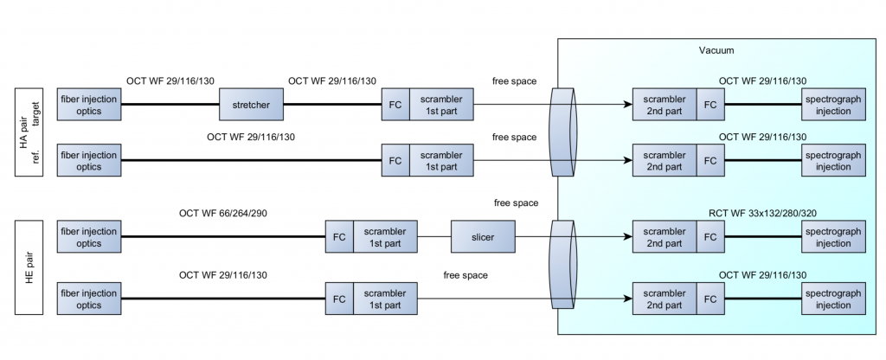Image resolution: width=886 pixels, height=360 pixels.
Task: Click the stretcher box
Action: (252, 106)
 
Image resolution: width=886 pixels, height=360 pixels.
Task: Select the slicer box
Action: (483, 237)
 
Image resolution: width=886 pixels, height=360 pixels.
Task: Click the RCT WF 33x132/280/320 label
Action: (762, 212)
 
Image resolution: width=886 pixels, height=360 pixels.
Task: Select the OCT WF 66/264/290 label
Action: (223, 212)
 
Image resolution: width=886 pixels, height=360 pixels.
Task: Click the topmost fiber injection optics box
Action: (88, 106)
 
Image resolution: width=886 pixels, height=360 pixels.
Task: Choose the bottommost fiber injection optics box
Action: (88, 299)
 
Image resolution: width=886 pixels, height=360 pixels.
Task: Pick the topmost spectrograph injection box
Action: (833, 106)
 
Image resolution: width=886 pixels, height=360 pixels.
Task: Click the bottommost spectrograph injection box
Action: (833, 299)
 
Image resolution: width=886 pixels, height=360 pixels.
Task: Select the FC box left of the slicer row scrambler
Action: (339, 237)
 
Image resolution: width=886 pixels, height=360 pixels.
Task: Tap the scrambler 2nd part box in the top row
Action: (664, 106)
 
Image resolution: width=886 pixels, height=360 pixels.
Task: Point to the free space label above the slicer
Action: (516, 203)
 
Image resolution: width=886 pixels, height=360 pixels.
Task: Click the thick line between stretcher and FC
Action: (332, 106)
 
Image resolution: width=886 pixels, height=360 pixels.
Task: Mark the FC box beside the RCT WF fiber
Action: (709, 237)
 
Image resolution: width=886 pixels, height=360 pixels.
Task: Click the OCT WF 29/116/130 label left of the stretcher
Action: (170, 81)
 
